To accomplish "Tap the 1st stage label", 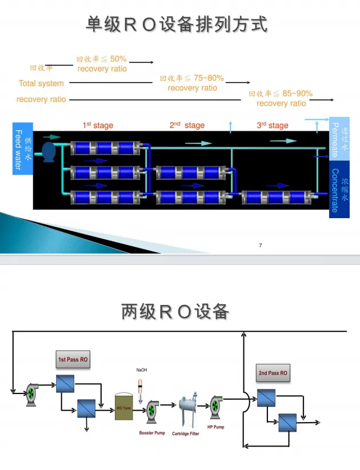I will pyautogui.click(x=98, y=126).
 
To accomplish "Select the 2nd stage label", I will pyautogui.click(x=186, y=126).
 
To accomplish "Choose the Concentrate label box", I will pyautogui.click(x=339, y=190).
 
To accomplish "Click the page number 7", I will pyautogui.click(x=261, y=246).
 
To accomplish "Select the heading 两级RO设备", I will pyautogui.click(x=175, y=312).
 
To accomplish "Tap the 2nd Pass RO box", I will pyautogui.click(x=273, y=373).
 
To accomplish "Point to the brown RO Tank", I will pyautogui.click(x=124, y=407).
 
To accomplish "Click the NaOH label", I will pyautogui.click(x=142, y=370).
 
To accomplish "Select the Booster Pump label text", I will pyautogui.click(x=152, y=433).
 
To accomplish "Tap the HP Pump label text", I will pyautogui.click(x=215, y=427).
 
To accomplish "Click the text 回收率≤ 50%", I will pyautogui.click(x=102, y=59).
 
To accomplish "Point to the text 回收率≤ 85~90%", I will pyautogui.click(x=281, y=94).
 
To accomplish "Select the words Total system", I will pyautogui.click(x=41, y=83).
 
